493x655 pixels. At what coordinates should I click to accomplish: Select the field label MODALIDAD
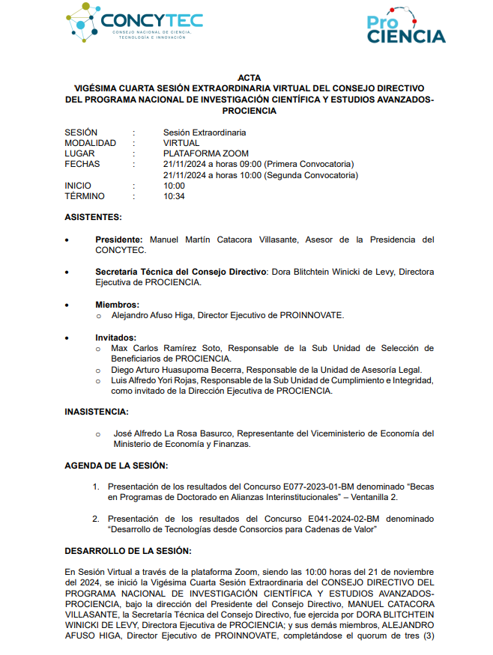(90, 143)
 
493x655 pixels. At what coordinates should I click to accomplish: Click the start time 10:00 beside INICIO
(174, 186)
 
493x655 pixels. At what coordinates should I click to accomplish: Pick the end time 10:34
(174, 196)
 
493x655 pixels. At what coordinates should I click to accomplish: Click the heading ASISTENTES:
(93, 217)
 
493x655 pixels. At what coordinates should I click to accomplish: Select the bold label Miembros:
(117, 305)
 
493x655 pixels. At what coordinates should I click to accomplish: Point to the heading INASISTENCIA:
(96, 411)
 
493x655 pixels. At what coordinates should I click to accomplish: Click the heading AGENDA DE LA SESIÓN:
(115, 465)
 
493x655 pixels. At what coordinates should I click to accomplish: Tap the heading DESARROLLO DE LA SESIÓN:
(127, 551)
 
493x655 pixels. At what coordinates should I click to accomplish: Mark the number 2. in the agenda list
(96, 519)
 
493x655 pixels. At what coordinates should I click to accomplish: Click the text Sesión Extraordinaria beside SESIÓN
(205, 132)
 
